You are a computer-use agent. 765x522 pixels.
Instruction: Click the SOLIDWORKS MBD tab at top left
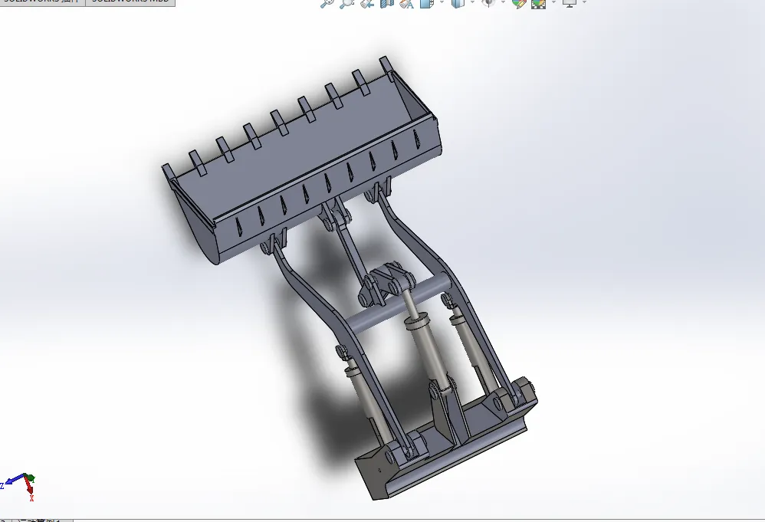(x=130, y=2)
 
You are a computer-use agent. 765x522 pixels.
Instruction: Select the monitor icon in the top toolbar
(x=569, y=3)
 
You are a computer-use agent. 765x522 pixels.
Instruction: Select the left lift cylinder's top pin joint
(x=341, y=355)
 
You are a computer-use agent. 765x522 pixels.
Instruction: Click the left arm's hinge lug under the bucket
(x=271, y=245)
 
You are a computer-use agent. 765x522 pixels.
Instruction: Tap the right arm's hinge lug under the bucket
(x=380, y=192)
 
